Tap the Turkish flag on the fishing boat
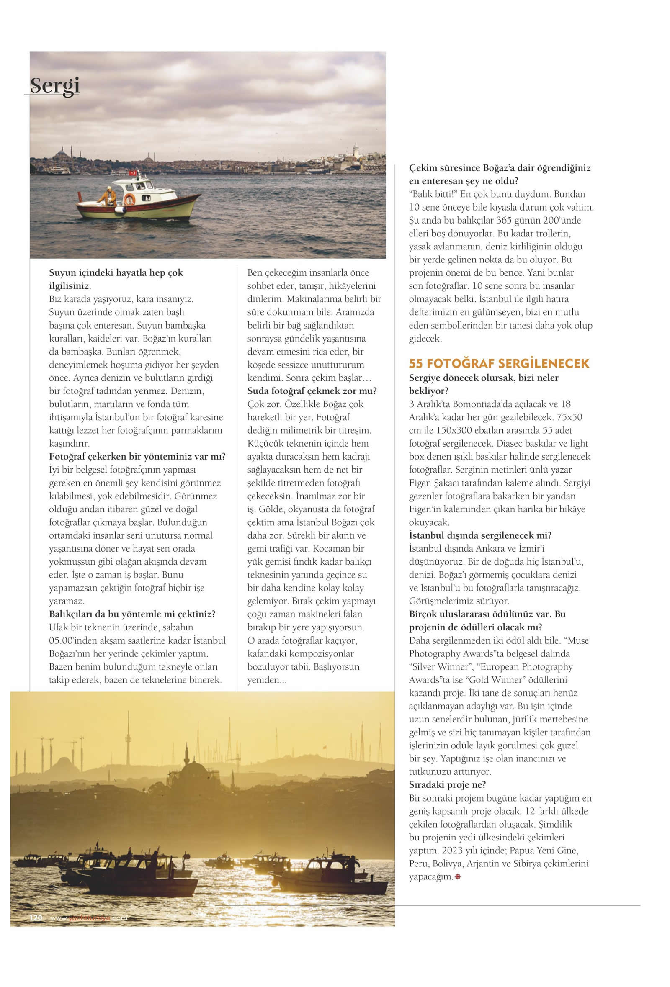point(133,172)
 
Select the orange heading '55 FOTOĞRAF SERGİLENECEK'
point(499,364)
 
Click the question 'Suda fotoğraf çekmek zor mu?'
point(312,391)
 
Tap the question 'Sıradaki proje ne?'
point(447,784)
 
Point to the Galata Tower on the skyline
point(356,150)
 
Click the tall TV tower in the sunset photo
point(128,738)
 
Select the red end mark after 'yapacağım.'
point(458,876)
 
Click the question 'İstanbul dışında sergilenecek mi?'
point(480,535)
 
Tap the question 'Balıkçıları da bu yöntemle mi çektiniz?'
point(132,614)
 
